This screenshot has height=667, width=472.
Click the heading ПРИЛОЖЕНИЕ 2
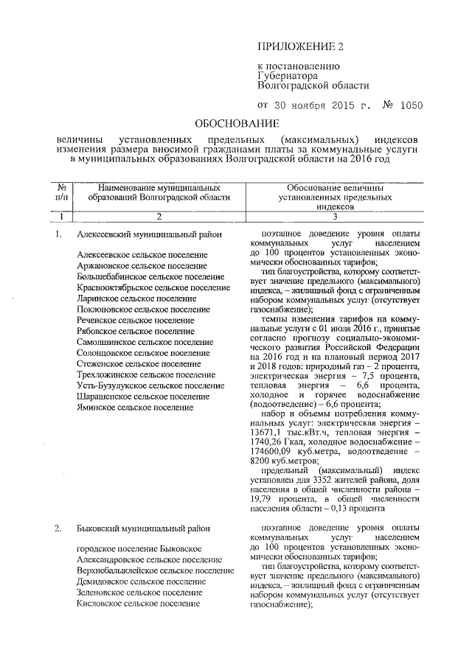pyautogui.click(x=300, y=46)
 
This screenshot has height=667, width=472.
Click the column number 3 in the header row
pyautogui.click(x=333, y=217)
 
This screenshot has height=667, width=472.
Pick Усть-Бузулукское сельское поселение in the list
pyautogui.click(x=146, y=385)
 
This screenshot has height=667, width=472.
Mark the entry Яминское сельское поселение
pyautogui.click(x=136, y=407)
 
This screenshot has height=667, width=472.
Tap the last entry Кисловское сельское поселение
pyautogui.click(x=139, y=603)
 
